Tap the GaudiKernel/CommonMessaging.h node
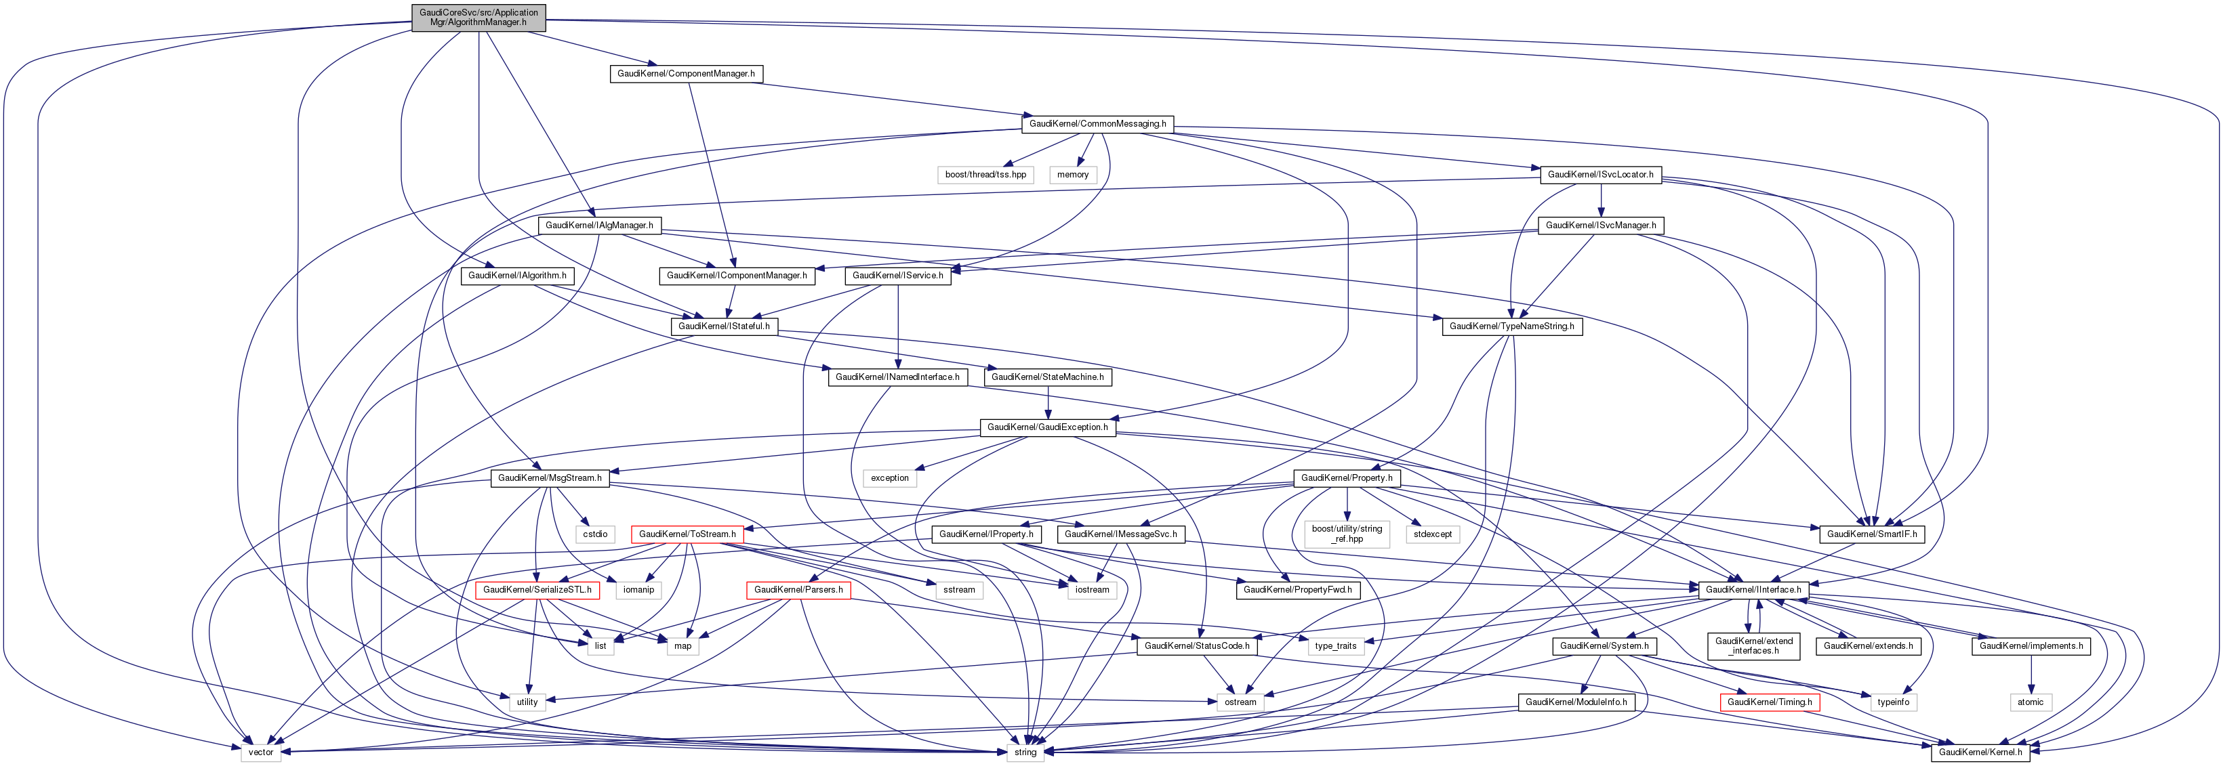point(1097,124)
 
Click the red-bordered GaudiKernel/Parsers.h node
point(798,590)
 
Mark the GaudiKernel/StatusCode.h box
point(1196,646)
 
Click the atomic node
point(2030,702)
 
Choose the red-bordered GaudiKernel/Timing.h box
point(1769,702)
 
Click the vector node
point(261,752)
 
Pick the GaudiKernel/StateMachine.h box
point(1047,378)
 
